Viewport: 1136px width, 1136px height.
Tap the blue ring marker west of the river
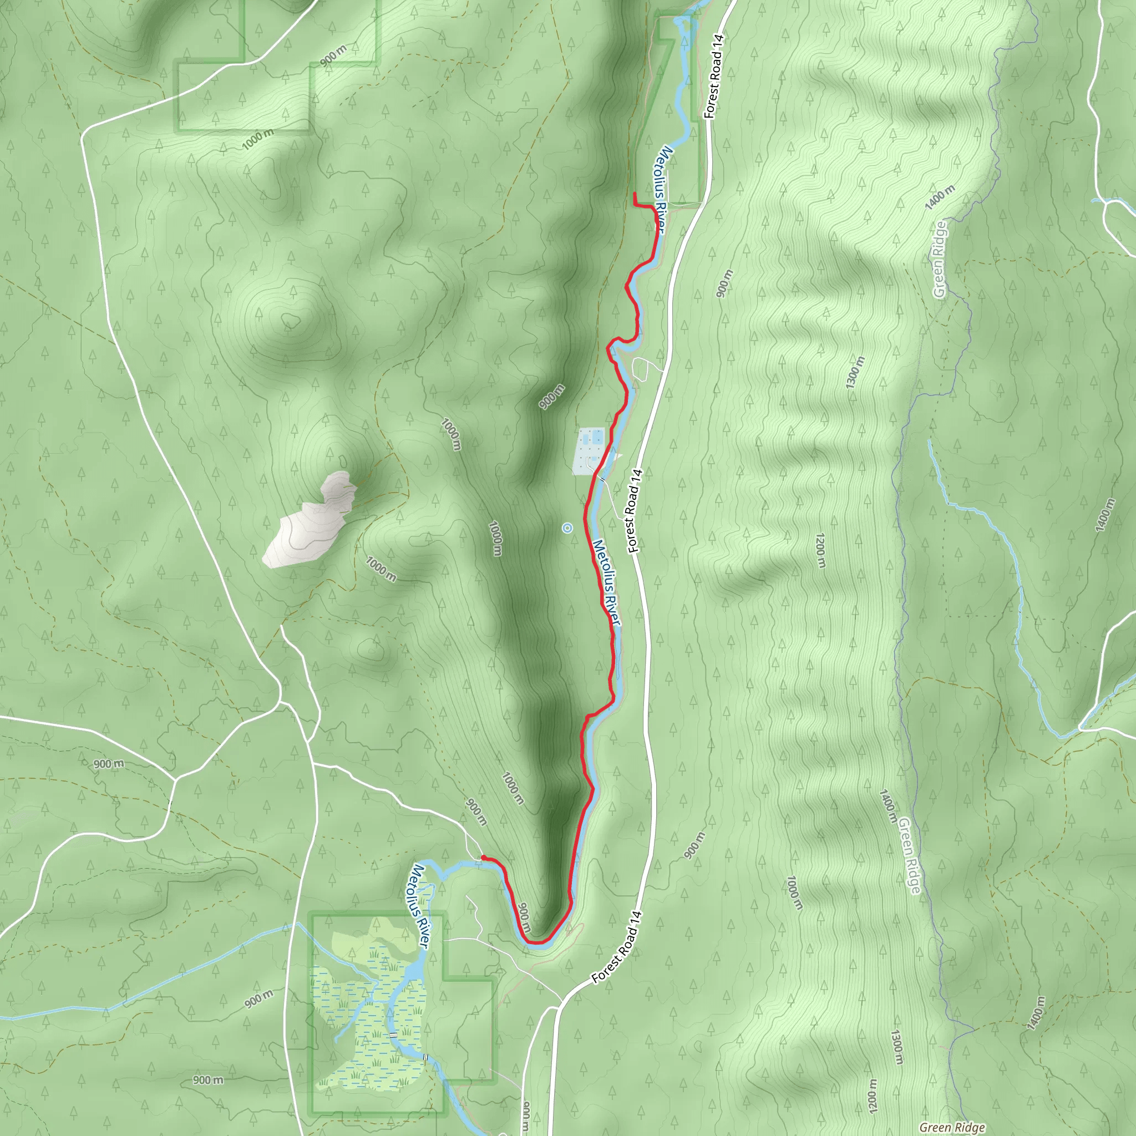pos(567,528)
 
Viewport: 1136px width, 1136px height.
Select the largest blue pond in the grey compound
pos(597,437)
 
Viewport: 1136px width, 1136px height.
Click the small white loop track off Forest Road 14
pos(640,369)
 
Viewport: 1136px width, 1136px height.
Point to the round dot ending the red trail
pos(483,858)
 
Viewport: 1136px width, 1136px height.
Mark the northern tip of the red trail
pos(635,194)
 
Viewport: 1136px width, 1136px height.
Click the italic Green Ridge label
pos(952,1127)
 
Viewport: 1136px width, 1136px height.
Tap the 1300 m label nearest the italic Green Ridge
pos(896,1047)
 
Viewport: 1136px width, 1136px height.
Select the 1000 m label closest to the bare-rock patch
pos(381,569)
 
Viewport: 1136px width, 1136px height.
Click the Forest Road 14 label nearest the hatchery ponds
pos(633,510)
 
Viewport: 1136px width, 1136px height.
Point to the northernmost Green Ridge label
pos(940,258)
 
